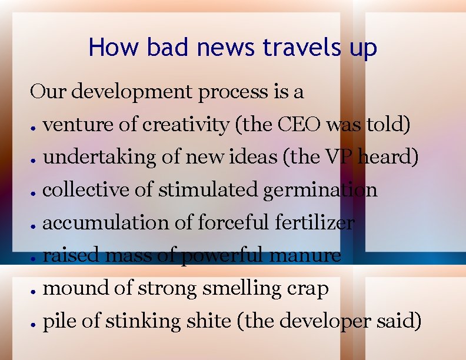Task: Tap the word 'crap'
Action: click(307, 288)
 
